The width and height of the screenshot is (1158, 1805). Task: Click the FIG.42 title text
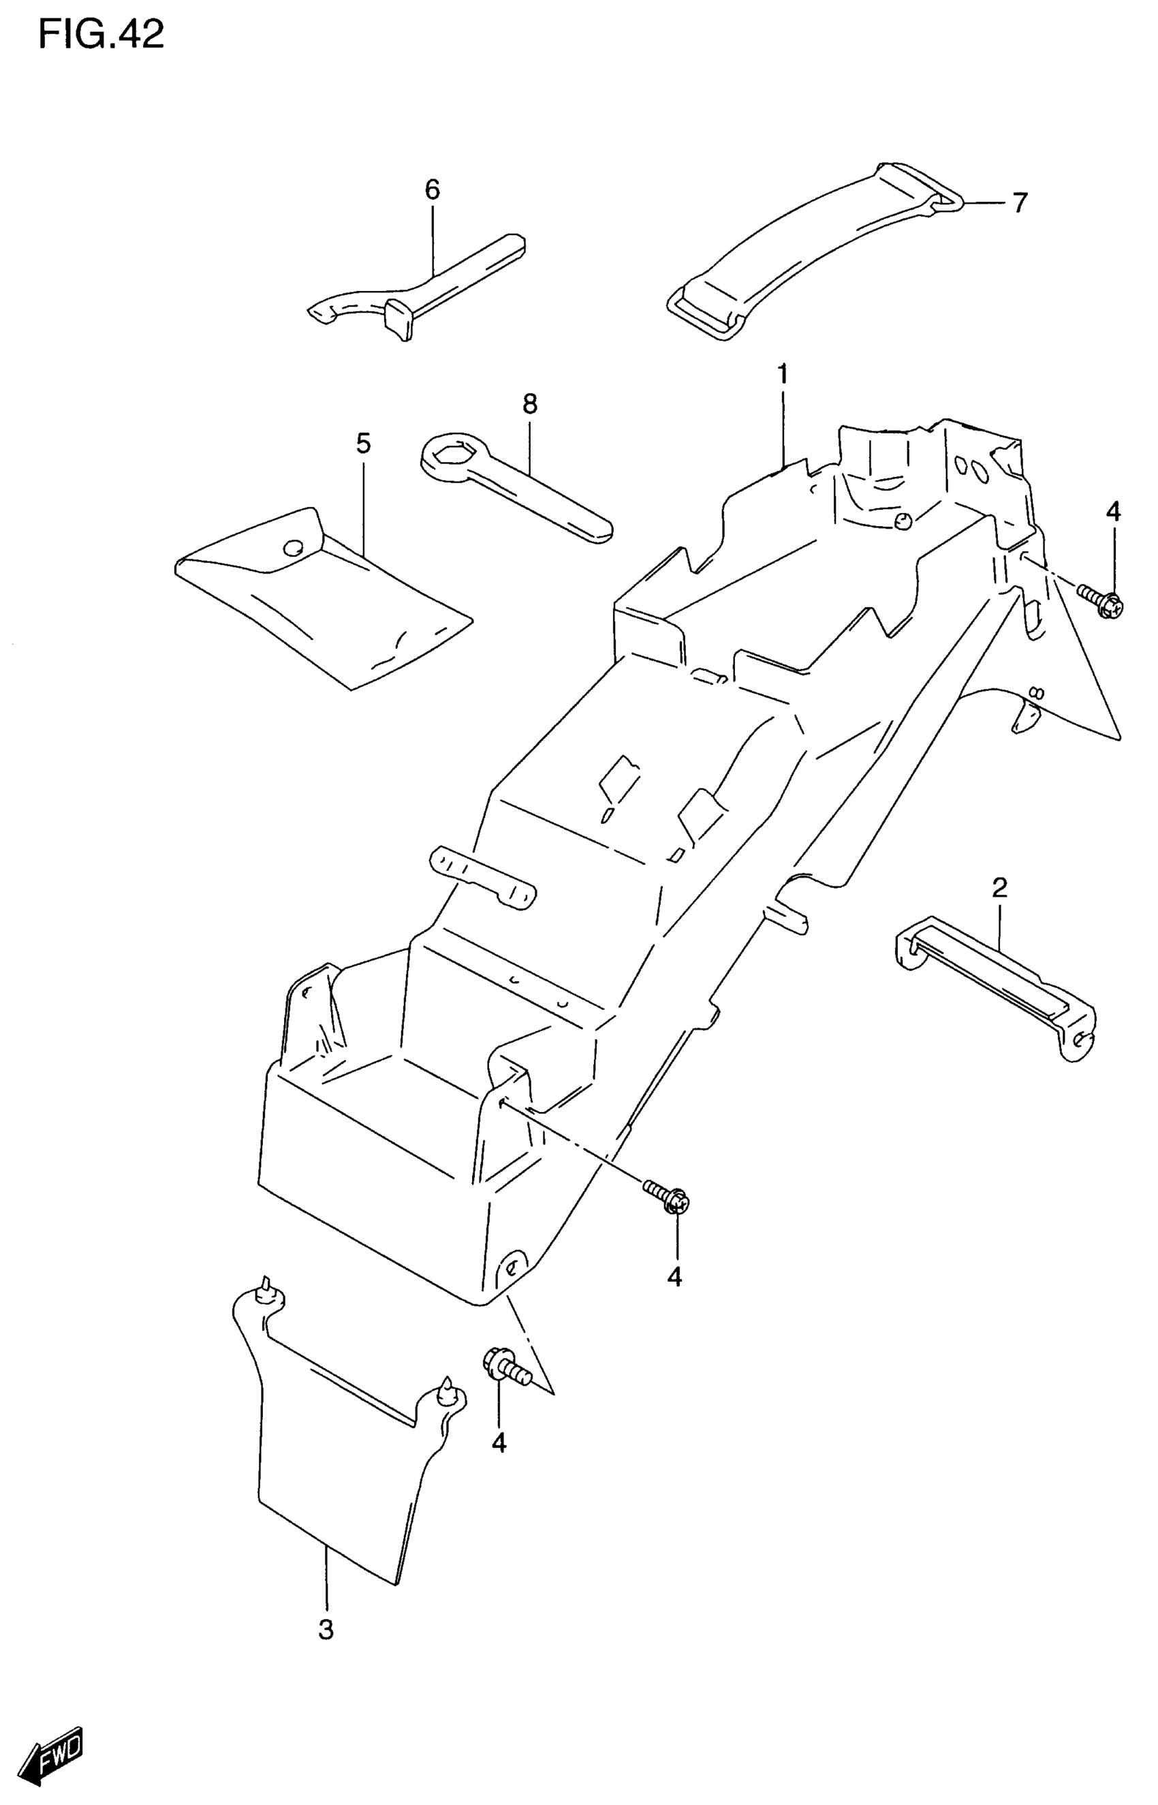click(101, 35)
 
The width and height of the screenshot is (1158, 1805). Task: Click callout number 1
click(783, 374)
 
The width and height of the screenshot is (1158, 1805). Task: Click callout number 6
click(433, 190)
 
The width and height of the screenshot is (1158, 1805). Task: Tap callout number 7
click(1020, 203)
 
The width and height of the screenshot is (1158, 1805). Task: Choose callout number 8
click(530, 405)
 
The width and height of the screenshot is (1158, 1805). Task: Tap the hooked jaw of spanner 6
click(325, 311)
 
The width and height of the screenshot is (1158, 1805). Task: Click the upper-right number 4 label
click(1114, 512)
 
